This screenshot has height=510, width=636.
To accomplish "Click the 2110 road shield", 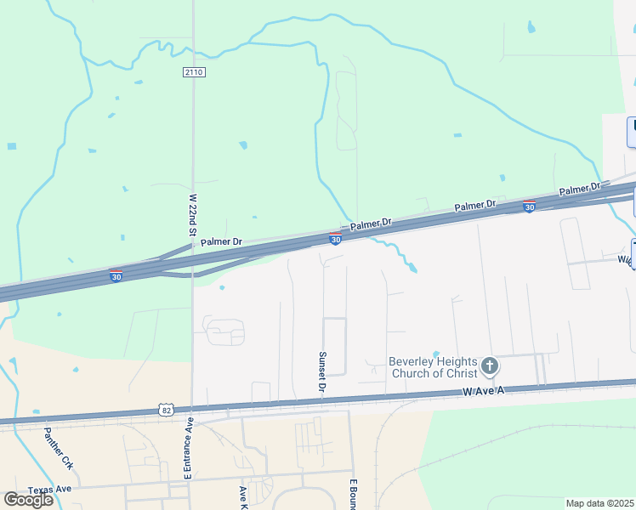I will [x=194, y=72].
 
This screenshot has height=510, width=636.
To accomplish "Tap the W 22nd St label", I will [x=193, y=214].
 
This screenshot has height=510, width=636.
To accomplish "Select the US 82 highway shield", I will [x=165, y=410].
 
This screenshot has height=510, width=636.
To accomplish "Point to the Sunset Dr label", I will [x=322, y=372].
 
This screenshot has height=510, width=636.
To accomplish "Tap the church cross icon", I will [x=489, y=366].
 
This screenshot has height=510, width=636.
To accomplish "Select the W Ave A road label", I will [x=484, y=390].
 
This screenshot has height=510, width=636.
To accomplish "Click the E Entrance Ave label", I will [x=189, y=448].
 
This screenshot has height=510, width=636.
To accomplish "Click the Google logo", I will [x=28, y=499].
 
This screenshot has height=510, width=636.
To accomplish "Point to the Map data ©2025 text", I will [x=599, y=503].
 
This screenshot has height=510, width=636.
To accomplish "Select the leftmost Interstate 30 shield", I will [x=116, y=275].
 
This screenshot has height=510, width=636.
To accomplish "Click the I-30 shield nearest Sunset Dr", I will [x=335, y=239].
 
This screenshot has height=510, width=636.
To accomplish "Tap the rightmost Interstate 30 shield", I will [x=529, y=206].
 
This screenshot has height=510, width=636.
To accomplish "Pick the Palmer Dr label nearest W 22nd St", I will [x=221, y=242].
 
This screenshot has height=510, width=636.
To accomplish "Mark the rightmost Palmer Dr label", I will [x=580, y=187].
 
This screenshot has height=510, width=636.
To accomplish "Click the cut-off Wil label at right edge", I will [x=624, y=259].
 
